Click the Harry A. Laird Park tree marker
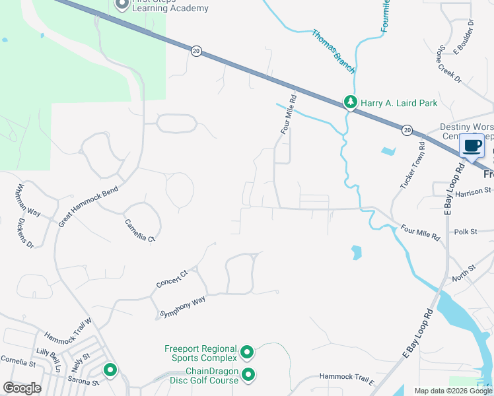(350, 102)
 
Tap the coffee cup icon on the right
(472, 146)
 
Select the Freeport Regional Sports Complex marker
(247, 353)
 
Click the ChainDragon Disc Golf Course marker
(248, 376)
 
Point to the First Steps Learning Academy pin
(122, 5)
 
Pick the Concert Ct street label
(172, 278)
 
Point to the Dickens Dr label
(25, 234)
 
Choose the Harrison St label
(470, 193)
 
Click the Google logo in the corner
(22, 388)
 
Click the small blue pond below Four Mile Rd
(357, 252)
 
